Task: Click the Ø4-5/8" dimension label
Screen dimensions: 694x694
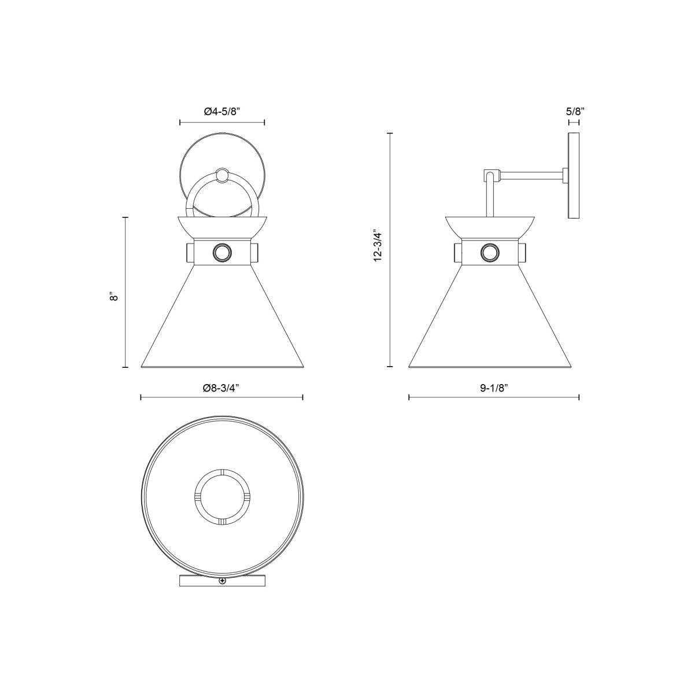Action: click(222, 112)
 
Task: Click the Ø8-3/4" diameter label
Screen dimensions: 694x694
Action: click(222, 389)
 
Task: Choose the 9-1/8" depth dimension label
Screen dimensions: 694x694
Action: click(494, 389)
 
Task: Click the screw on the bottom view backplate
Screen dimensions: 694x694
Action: click(222, 582)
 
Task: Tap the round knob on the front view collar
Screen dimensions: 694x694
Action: click(222, 253)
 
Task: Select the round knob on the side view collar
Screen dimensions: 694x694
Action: click(490, 253)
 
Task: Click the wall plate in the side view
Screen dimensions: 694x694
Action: click(574, 176)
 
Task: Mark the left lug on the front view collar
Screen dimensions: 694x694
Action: click(190, 253)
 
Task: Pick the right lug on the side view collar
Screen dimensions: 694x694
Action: click(523, 253)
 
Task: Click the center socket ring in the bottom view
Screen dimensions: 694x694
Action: click(222, 496)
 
